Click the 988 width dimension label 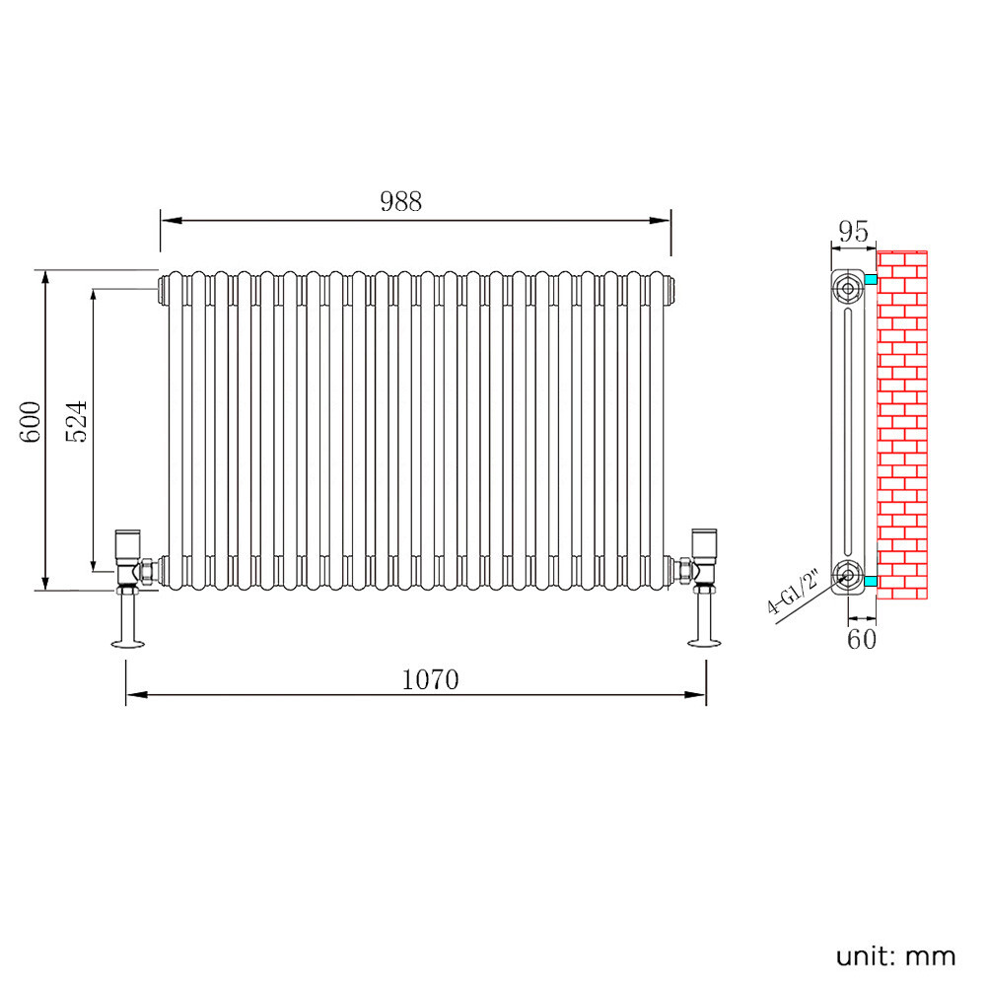[400, 201]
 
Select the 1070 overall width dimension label [431, 679]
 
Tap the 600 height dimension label [31, 421]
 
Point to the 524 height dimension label [78, 421]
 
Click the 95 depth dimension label [852, 232]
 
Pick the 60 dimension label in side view [861, 639]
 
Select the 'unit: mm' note [895, 954]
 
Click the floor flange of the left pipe [128, 645]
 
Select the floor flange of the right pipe [706, 645]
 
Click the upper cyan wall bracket [870, 281]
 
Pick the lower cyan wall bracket [870, 583]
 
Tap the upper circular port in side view [848, 288]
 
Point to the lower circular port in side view [848, 576]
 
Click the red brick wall [902, 424]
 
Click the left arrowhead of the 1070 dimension [132, 695]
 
